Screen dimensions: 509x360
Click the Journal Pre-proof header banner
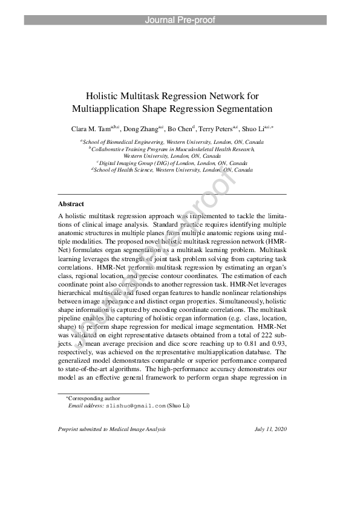(180, 20)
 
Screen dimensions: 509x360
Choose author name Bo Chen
(180, 129)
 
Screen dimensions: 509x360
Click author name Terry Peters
(216, 129)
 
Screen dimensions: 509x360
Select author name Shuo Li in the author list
(254, 129)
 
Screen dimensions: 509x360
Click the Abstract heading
(71, 204)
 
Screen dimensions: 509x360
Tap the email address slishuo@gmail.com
(136, 406)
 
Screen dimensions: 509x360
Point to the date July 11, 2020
(270, 430)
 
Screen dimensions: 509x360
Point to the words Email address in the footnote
(86, 406)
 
